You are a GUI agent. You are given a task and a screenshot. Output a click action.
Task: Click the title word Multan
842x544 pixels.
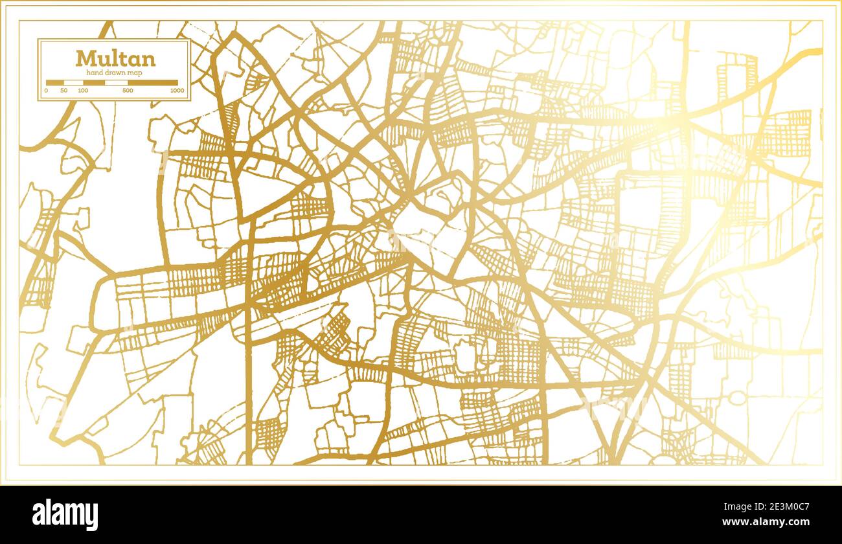pos(115,59)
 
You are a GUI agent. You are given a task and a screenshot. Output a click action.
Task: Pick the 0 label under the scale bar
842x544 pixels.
pos(46,90)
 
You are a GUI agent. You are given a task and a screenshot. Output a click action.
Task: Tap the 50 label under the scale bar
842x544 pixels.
pos(63,90)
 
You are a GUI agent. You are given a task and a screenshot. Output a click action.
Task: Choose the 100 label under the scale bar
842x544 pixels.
pos(83,90)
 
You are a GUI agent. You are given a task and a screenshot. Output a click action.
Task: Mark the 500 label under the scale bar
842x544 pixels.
pos(128,90)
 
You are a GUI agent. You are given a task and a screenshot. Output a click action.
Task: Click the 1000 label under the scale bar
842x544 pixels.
pos(176,90)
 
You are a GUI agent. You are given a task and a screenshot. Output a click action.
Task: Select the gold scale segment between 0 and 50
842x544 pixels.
pos(54,82)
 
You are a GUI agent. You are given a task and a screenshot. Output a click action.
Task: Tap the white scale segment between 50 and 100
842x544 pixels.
pos(73,82)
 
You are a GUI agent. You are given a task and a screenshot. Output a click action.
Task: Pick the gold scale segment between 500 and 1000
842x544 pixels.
pos(152,82)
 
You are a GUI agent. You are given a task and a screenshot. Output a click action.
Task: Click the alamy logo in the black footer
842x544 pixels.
pos(65,514)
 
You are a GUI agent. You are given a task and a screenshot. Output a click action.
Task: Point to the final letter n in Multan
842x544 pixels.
pos(149,60)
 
